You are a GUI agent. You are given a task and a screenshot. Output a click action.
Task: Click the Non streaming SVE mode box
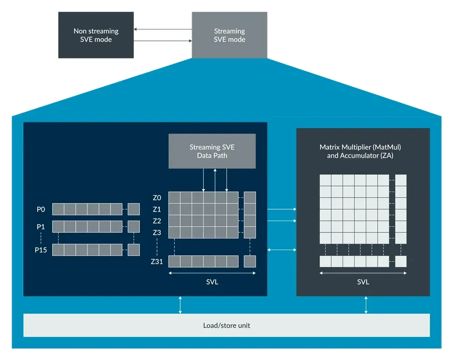96,35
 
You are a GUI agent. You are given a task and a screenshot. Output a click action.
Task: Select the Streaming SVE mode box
229,35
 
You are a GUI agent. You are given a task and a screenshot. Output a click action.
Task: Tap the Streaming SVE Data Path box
212,151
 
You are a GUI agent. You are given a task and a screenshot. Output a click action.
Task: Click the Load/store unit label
226,325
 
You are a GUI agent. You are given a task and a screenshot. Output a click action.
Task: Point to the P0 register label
41,209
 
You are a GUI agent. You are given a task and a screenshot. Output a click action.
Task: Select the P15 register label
41,250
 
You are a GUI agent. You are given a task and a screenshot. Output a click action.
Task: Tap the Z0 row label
157,197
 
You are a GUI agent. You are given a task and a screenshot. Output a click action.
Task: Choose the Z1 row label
157,209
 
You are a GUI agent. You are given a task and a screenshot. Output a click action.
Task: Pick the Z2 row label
157,221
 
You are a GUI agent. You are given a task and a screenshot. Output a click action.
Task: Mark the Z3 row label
157,232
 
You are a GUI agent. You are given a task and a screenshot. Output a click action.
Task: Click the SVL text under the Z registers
212,282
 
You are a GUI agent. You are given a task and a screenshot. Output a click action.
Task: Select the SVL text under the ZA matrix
363,282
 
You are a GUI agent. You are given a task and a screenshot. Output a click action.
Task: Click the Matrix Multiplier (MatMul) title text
360,148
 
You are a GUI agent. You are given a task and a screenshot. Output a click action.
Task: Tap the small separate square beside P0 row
133,209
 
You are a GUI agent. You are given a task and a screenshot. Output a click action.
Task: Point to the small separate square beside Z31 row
250,261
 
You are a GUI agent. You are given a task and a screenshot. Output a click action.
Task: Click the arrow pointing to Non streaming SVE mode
162,30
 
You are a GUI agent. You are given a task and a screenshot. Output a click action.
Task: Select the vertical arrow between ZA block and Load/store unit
366,305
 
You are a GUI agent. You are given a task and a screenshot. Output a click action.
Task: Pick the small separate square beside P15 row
133,250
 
